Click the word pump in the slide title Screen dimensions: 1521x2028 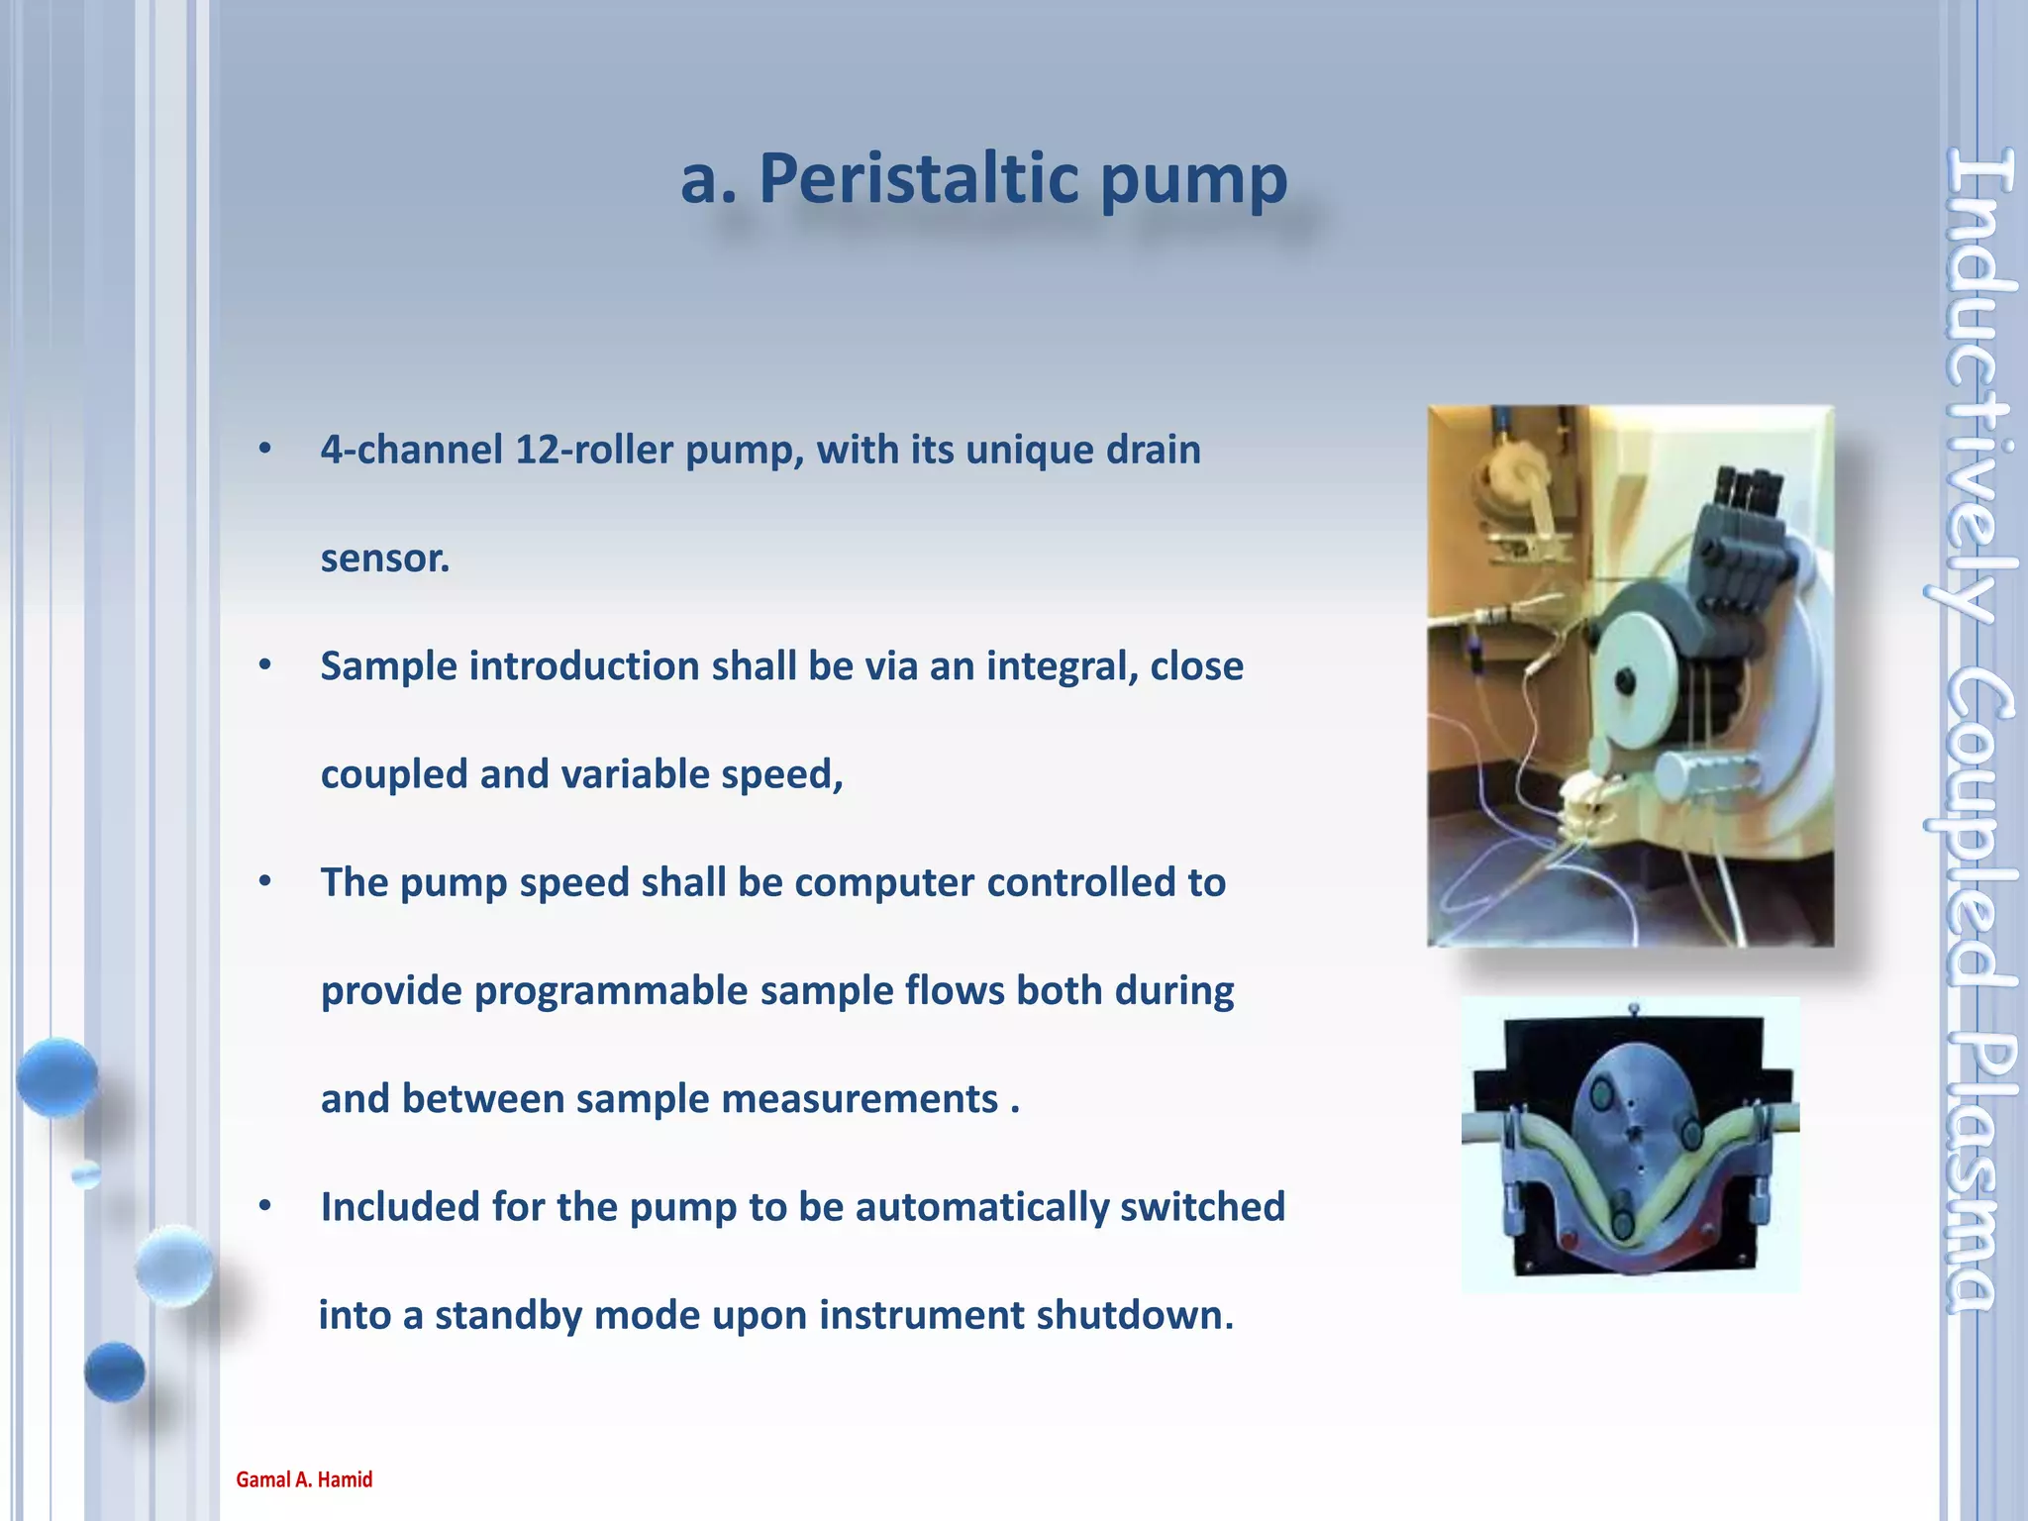(x=1193, y=181)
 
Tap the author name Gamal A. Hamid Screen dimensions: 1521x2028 (x=304, y=1479)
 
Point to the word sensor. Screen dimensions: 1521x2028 (x=385, y=558)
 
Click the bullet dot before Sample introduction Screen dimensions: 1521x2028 (x=264, y=665)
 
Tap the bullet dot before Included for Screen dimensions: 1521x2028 (x=264, y=1206)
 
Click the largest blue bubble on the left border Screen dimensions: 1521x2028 (x=56, y=1077)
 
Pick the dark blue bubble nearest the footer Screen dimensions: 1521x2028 (x=115, y=1371)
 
